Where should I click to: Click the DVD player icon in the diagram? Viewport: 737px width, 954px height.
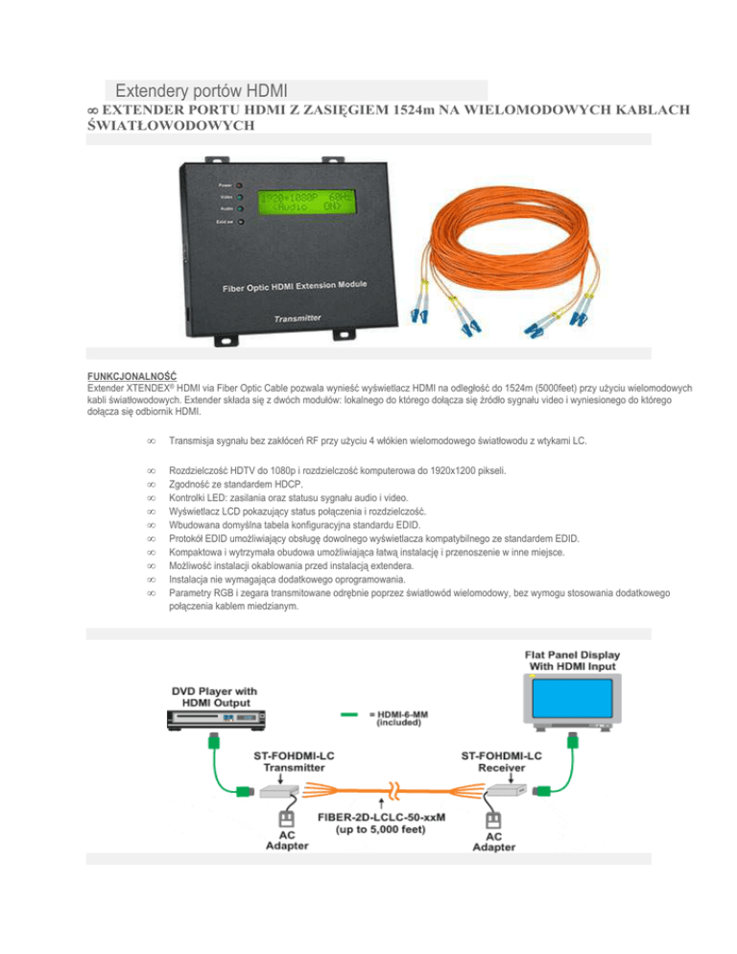216,719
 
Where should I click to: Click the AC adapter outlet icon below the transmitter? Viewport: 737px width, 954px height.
284,821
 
